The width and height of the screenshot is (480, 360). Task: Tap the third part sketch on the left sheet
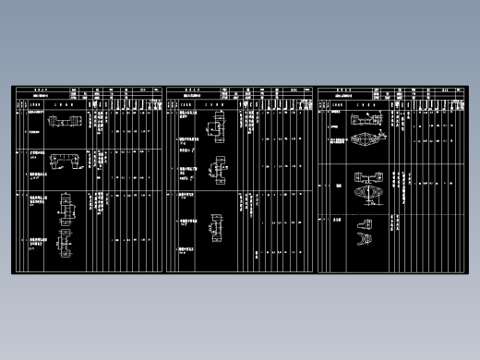click(x=65, y=208)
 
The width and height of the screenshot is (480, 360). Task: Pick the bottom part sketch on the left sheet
click(x=65, y=243)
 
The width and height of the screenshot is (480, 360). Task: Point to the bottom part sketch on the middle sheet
click(x=216, y=224)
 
